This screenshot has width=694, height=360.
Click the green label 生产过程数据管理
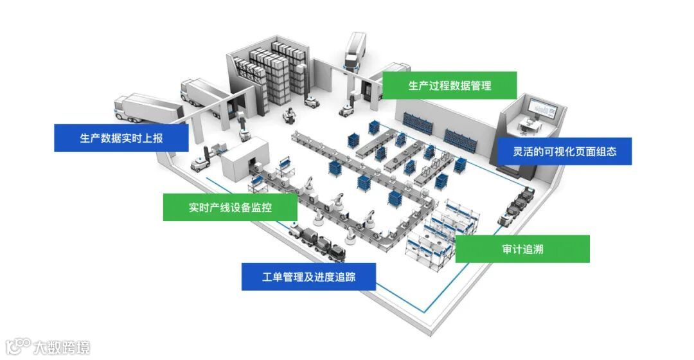[x=449, y=85]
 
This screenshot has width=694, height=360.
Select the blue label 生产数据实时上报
[x=121, y=138]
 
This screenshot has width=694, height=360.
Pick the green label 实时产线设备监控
[x=229, y=208]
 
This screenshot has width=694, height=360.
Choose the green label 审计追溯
[x=522, y=249]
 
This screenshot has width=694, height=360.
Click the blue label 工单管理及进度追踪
[x=308, y=277]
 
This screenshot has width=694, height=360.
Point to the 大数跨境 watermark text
[x=60, y=347]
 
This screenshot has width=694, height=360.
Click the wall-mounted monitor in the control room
[x=542, y=111]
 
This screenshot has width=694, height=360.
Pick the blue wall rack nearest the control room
[x=459, y=136]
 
